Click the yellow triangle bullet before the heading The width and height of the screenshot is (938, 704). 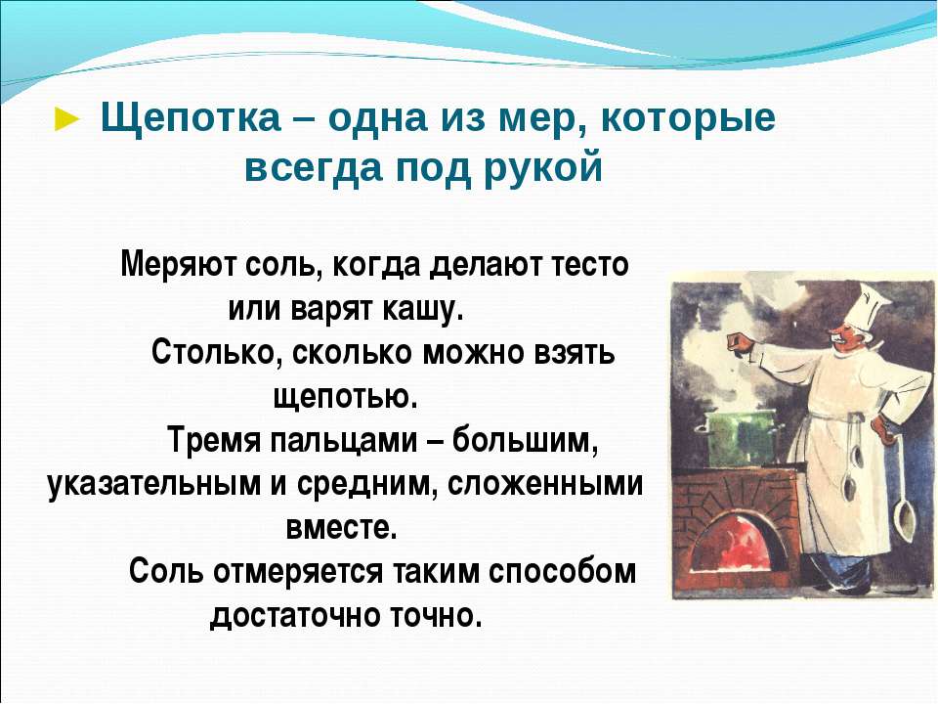(x=66, y=119)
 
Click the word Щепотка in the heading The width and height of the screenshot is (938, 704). (x=191, y=118)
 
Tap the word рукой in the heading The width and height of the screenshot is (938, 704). (x=542, y=167)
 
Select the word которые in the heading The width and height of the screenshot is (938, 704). (x=688, y=117)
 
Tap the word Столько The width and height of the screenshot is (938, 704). (x=216, y=352)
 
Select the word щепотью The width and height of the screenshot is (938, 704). (x=345, y=396)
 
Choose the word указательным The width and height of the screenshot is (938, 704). (x=153, y=485)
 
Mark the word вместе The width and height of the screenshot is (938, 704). (x=342, y=528)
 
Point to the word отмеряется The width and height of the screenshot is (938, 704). (x=298, y=572)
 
